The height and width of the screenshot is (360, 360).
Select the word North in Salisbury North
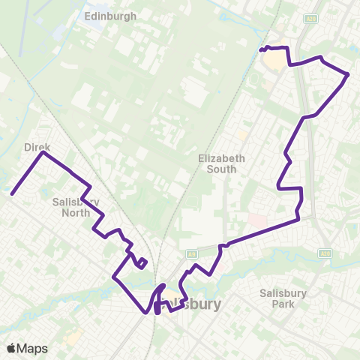(71, 212)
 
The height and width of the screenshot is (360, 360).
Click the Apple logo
(10, 349)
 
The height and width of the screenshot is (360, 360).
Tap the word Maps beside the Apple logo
(32, 349)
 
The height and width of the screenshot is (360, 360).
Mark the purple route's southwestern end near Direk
(13, 194)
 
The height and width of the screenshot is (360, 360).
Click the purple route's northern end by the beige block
(261, 50)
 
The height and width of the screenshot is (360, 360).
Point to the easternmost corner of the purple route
(349, 74)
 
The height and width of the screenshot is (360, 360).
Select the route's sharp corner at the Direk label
(43, 153)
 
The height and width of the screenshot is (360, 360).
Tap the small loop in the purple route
(141, 262)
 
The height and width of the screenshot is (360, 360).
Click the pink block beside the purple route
(257, 220)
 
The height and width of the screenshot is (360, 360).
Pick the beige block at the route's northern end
(276, 59)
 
